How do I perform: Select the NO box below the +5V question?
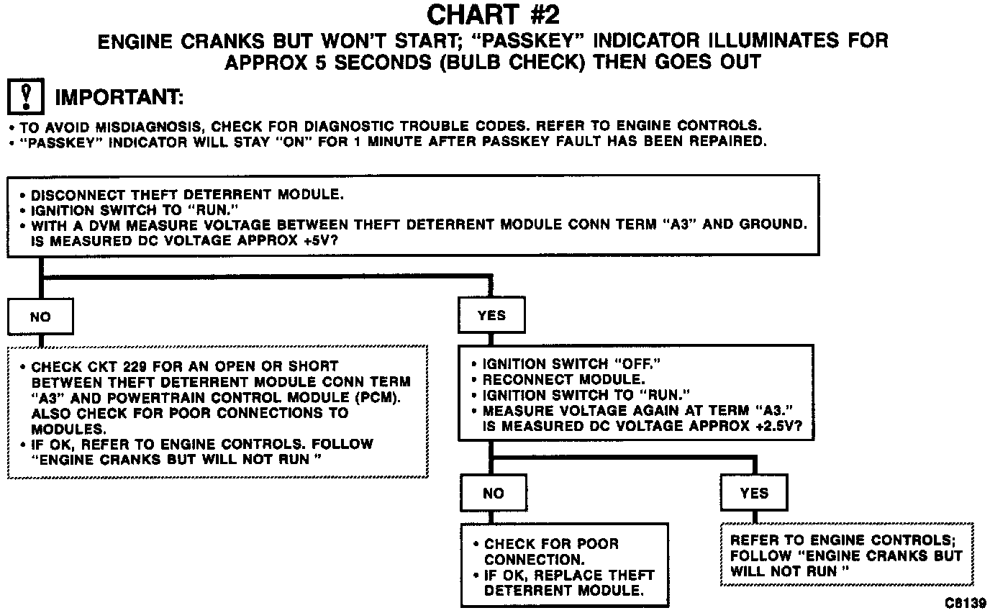click(x=40, y=317)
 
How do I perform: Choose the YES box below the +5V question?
click(x=491, y=315)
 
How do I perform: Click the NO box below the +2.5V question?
click(x=494, y=493)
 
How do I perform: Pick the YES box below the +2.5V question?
click(x=754, y=493)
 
